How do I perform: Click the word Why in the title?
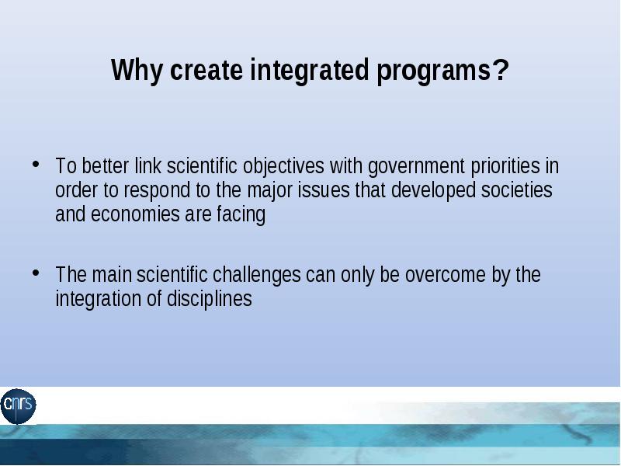(137, 70)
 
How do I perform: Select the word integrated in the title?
(310, 70)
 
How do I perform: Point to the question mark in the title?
(501, 69)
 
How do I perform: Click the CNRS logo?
(18, 405)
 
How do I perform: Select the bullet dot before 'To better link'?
(36, 164)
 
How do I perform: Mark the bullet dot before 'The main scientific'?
(36, 273)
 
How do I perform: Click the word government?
(416, 167)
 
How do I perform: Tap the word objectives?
(283, 167)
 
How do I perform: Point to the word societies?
(516, 190)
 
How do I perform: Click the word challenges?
(257, 276)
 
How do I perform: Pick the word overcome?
(445, 275)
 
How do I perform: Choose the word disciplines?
(209, 299)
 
